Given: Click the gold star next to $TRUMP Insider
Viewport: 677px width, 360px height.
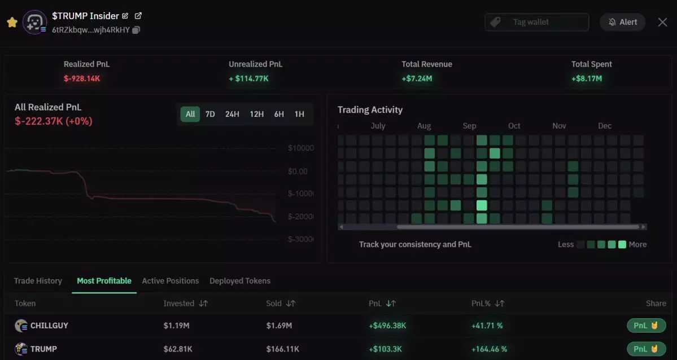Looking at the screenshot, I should tap(12, 22).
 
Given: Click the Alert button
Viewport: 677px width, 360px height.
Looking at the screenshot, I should tap(622, 22).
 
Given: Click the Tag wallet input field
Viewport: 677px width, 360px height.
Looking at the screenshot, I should tap(536, 22).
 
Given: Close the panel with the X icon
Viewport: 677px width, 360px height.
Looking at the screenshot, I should tap(662, 22).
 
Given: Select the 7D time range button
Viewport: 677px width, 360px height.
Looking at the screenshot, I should tap(210, 114).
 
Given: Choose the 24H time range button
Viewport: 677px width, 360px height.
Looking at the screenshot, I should tap(232, 114).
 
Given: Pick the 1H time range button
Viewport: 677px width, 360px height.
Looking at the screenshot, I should tap(299, 114).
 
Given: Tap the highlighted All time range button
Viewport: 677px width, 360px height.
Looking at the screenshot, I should tap(190, 114).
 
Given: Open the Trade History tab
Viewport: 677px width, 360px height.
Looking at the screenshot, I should tap(38, 280).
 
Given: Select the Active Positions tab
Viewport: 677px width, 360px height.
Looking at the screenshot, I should tap(171, 280).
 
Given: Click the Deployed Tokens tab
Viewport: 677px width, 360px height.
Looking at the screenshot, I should tap(240, 280).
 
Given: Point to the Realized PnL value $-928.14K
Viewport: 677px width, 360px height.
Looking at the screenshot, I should tap(82, 78).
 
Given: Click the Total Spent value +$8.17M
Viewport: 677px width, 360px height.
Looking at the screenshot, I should tap(587, 78).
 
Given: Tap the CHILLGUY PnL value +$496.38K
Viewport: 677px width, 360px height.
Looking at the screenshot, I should tap(387, 326).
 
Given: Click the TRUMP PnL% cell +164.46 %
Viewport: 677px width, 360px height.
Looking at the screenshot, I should tap(489, 349).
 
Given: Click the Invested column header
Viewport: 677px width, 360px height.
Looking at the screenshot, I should tap(179, 303).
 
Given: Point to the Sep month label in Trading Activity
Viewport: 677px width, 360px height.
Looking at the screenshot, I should tap(469, 126).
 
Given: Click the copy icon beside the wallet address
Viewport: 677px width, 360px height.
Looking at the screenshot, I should tap(136, 30).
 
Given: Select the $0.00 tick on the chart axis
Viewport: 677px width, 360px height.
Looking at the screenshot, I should tap(298, 171).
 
